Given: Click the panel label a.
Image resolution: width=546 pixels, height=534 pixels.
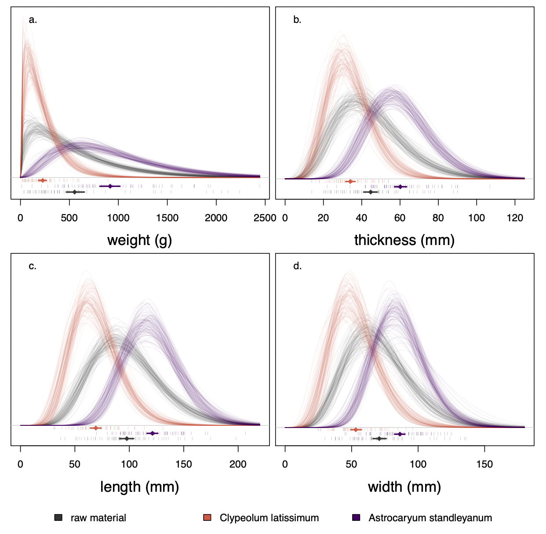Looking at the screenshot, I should [x=33, y=20].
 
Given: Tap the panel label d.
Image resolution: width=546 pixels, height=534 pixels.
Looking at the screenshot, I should [x=298, y=266].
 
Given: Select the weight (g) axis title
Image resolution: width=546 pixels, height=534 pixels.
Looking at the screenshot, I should [x=139, y=240].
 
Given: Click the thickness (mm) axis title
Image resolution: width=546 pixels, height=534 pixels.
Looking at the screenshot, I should [x=404, y=240].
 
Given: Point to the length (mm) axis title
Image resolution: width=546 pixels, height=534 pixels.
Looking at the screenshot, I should [x=139, y=487].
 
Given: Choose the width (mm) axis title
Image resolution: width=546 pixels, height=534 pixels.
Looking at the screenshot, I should [x=404, y=487].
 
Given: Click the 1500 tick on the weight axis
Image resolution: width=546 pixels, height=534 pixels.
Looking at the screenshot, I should [x=167, y=218].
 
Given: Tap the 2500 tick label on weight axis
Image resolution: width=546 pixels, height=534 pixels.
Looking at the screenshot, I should [x=265, y=218].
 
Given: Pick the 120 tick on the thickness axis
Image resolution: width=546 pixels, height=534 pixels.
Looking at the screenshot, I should [x=515, y=218].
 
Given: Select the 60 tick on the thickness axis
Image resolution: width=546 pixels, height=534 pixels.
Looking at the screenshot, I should [x=400, y=218].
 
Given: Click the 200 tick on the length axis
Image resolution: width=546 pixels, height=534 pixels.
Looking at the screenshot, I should [x=238, y=464].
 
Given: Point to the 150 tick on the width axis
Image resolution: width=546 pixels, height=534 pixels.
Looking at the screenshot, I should [x=484, y=464].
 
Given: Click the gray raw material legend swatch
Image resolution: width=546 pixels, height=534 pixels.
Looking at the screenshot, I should [x=58, y=518].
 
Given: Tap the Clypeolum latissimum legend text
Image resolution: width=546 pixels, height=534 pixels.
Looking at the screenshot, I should [x=269, y=518].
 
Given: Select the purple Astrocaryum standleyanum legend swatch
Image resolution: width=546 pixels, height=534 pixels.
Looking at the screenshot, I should [x=357, y=518].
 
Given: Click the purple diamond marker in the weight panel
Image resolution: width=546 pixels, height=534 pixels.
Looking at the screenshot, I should [x=110, y=186].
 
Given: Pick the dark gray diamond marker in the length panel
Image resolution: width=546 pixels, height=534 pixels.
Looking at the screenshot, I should [x=127, y=439].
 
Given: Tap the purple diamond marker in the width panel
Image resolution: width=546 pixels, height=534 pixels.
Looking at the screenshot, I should [x=400, y=434].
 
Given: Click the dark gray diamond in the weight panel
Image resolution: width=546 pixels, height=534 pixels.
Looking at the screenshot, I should [x=75, y=192].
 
